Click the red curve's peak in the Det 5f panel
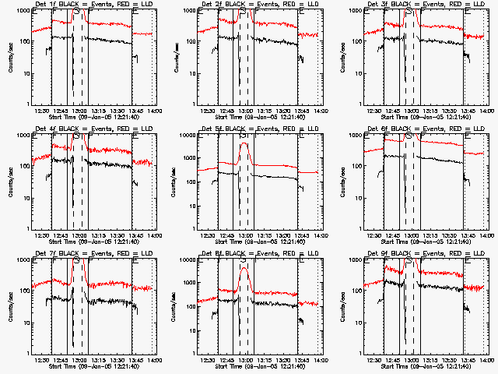pos(245,143)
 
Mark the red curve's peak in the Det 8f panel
pos(245,268)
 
